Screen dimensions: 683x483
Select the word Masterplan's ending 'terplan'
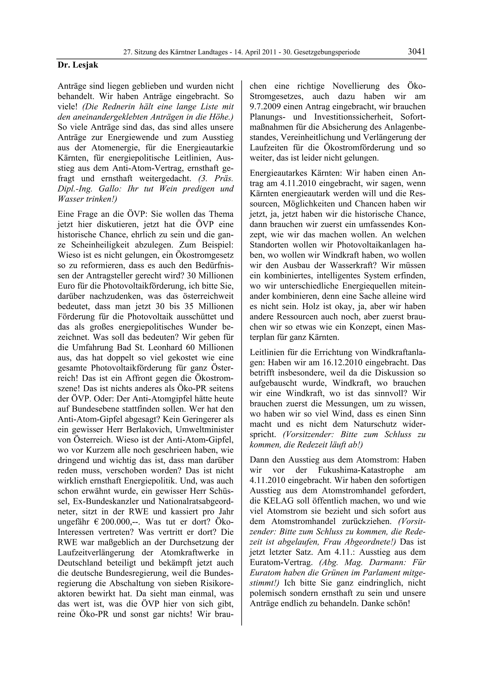point(263,337)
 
